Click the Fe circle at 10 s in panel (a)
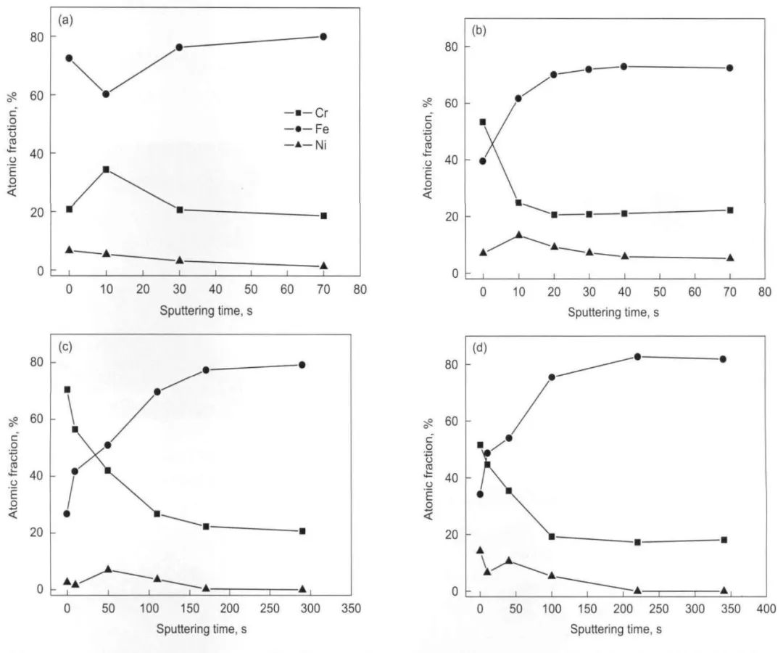(x=106, y=94)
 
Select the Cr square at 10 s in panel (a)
(x=106, y=170)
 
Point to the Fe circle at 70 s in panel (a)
(x=323, y=36)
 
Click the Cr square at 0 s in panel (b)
(x=483, y=122)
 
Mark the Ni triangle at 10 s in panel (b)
(x=518, y=234)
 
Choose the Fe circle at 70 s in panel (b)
(x=729, y=68)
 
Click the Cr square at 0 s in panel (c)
(x=67, y=390)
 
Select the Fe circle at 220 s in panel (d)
(x=637, y=357)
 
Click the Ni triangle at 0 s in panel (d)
(x=480, y=550)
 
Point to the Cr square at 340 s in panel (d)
(x=724, y=540)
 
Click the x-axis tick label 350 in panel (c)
(x=343, y=607)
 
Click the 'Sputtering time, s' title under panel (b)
(x=613, y=313)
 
